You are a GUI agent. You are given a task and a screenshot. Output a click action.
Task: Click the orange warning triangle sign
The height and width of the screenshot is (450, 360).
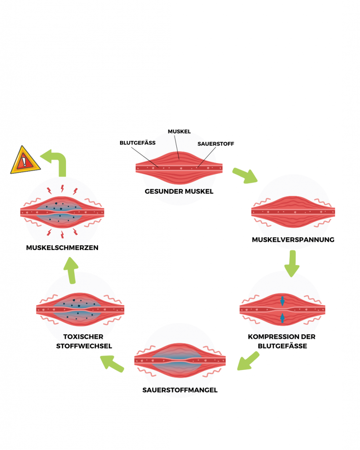pos(25,161)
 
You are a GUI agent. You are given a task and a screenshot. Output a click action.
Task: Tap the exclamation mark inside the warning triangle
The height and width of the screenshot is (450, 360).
pos(24,162)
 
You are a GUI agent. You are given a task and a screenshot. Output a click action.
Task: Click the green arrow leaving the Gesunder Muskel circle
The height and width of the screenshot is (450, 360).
pos(244,175)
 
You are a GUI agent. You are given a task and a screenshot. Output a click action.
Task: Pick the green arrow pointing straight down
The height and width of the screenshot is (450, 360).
pos(292,263)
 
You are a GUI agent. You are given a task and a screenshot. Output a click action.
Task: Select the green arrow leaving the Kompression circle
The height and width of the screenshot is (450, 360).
pos(247,361)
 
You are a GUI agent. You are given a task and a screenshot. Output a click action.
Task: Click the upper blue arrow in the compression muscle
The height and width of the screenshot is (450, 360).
pos(282,301)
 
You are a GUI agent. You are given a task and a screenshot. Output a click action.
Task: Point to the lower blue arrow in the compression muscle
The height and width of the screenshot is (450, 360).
pos(282,318)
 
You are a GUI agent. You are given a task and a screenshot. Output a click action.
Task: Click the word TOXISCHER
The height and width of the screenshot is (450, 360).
pos(83,337)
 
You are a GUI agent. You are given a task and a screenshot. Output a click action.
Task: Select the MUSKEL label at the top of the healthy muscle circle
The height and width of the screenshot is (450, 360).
pos(179,131)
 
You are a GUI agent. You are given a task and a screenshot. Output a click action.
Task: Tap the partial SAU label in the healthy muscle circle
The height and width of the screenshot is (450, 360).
pos(204,144)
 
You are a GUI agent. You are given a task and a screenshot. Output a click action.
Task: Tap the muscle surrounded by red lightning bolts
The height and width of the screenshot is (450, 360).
pos(62,213)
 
